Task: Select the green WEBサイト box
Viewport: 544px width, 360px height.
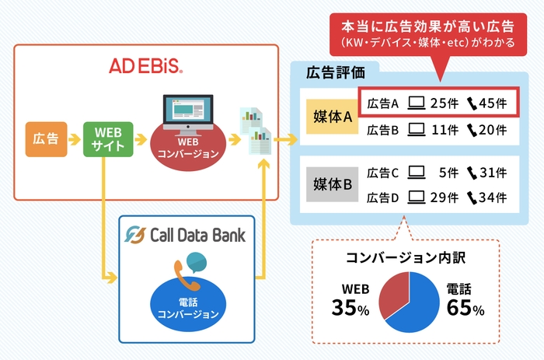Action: (x=103, y=139)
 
